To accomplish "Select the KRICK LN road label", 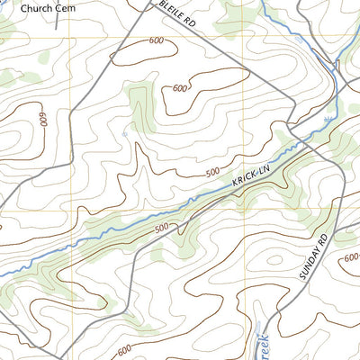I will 251,175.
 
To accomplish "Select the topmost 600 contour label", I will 157,40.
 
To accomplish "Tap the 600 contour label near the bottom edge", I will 123,349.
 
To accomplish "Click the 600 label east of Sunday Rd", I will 350,258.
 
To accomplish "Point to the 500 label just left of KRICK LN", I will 212,172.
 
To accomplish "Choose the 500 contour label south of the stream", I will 161,229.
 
